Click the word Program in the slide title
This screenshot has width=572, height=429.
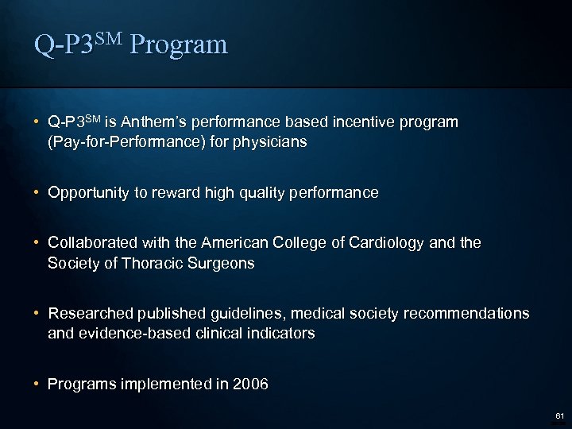[179, 44]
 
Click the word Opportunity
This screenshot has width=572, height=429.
[88, 193]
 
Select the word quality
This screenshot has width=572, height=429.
[259, 193]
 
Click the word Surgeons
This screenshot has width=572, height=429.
[224, 263]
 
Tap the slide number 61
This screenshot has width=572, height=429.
[559, 415]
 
